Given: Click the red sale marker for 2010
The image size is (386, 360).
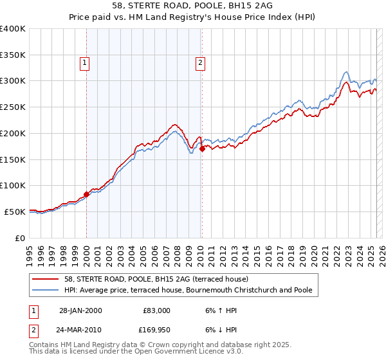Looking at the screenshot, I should coord(202,148).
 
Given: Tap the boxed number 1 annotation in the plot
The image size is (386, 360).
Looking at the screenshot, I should coord(86,62).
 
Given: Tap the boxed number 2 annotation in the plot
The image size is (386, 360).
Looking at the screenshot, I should coord(201,62).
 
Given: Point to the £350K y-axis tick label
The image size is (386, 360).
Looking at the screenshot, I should coord(12,55).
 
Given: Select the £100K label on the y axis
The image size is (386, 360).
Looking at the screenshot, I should coord(12,186).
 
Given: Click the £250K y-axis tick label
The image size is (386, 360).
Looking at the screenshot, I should coord(12,107).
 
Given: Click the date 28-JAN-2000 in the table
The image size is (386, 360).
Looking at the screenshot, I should coord(80,310).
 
